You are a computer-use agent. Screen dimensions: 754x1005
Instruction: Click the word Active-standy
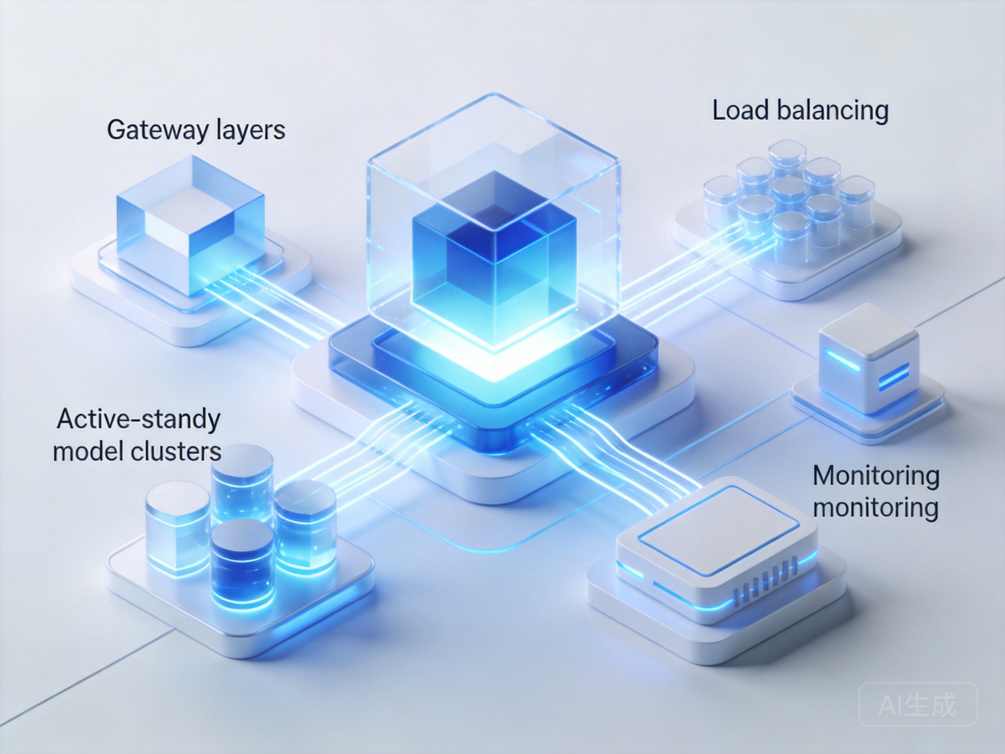(139, 419)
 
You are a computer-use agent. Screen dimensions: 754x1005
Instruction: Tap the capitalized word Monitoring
(876, 476)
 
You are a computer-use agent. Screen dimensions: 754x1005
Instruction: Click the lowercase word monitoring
(875, 507)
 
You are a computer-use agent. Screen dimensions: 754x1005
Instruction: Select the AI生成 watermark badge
(918, 704)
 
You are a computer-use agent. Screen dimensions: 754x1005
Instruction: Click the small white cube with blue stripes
(868, 359)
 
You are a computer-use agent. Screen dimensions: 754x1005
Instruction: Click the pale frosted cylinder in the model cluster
(177, 527)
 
